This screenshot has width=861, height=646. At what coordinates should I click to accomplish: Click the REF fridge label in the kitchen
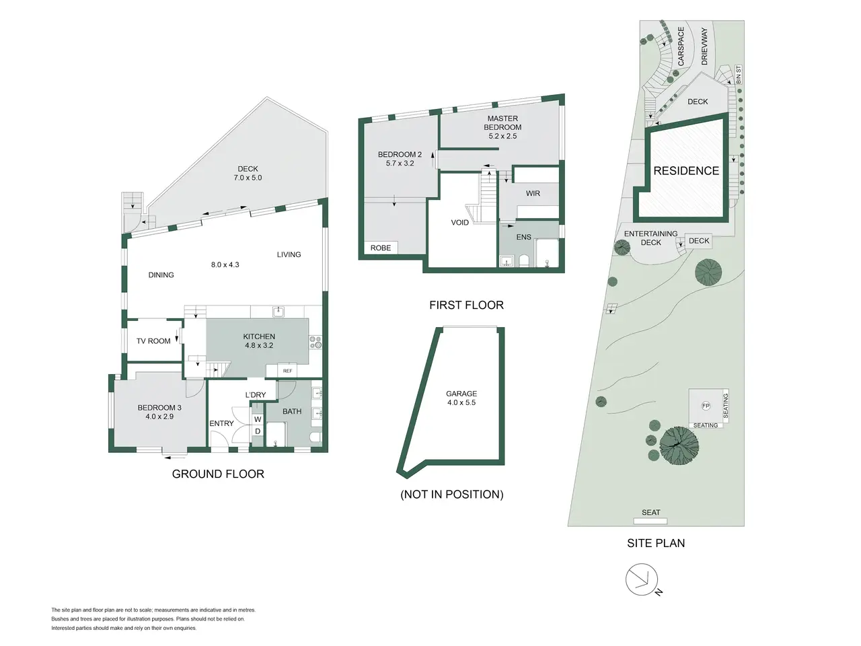click(x=287, y=371)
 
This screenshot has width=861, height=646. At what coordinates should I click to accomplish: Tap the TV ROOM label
click(x=153, y=341)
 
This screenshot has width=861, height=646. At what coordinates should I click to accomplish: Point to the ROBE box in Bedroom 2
click(x=381, y=248)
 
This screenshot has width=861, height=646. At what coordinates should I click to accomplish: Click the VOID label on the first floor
click(x=459, y=223)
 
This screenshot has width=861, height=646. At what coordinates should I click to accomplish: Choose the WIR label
click(x=533, y=193)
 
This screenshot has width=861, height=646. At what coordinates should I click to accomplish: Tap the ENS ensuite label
click(x=523, y=238)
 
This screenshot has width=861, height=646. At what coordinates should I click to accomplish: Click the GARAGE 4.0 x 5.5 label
click(x=461, y=398)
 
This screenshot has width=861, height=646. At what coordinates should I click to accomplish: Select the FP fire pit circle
click(x=706, y=406)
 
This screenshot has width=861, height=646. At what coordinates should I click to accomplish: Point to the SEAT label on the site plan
click(x=650, y=513)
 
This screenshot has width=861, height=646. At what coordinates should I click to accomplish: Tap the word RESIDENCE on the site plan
click(x=686, y=171)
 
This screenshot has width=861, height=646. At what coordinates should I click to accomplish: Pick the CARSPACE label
click(x=681, y=46)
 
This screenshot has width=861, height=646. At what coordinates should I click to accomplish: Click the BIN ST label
click(x=739, y=75)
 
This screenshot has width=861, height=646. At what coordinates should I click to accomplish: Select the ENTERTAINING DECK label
click(x=650, y=238)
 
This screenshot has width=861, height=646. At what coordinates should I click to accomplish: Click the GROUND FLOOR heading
click(x=218, y=474)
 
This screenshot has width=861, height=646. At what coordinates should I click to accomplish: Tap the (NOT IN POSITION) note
click(x=452, y=494)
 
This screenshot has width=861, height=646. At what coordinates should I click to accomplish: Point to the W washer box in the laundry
click(x=258, y=419)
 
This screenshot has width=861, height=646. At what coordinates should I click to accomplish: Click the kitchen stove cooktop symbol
click(x=315, y=342)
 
